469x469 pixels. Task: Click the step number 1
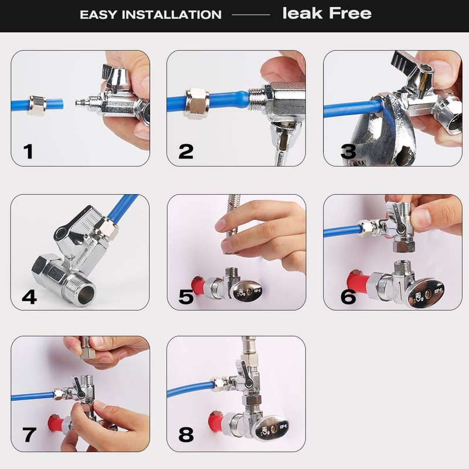[x=28, y=152]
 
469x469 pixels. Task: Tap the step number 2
[x=186, y=152]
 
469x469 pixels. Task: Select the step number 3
[x=348, y=152]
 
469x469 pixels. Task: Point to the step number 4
[x=29, y=297]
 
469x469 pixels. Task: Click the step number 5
[x=186, y=297]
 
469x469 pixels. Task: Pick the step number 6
[x=348, y=297]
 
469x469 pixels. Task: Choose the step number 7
[x=29, y=435]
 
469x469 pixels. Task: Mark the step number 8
[x=186, y=435]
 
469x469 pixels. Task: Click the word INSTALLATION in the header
[x=172, y=15]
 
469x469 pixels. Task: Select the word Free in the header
[x=350, y=13]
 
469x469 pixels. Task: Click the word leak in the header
[x=303, y=13]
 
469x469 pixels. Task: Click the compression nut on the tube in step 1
[x=37, y=106]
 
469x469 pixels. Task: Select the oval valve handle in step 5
[x=247, y=290]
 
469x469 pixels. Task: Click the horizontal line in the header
[x=251, y=14]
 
